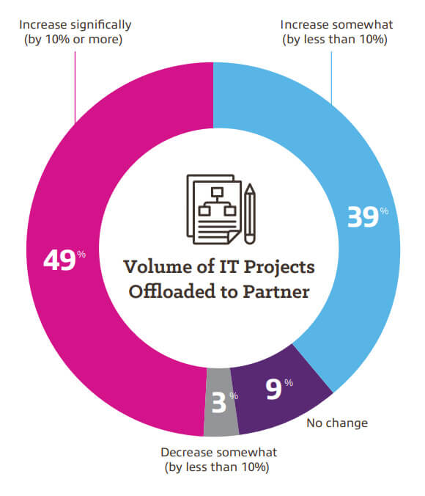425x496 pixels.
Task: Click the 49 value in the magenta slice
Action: click(59, 260)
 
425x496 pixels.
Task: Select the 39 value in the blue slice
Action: click(361, 217)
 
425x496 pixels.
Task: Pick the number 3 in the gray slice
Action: click(218, 403)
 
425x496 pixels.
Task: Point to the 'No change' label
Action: click(338, 423)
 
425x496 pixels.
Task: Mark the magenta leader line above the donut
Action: click(75, 81)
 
